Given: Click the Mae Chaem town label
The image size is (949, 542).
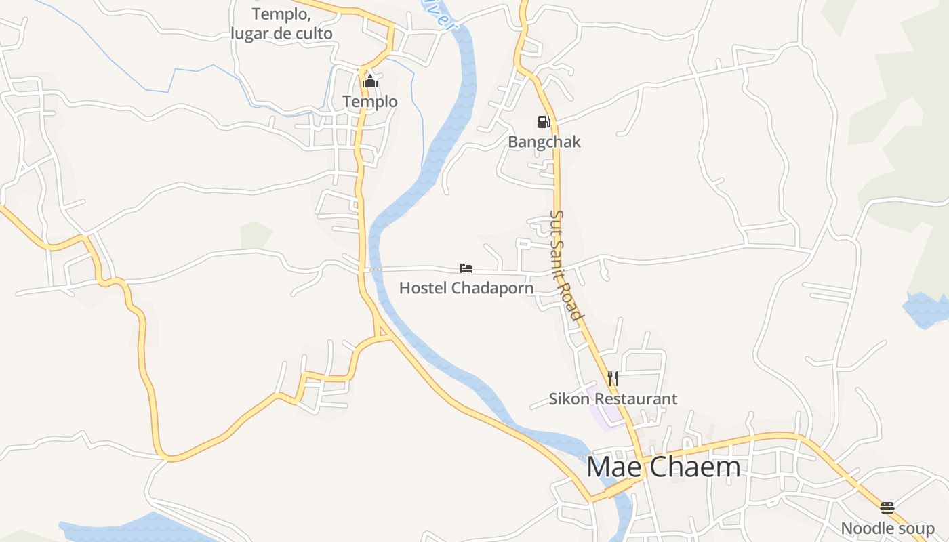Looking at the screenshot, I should click(x=663, y=467).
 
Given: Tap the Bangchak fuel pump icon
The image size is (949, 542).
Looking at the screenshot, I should click(x=544, y=122).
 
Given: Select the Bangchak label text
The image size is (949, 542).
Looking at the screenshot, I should click(x=544, y=142).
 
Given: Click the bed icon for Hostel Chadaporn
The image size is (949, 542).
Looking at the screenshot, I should click(x=466, y=269).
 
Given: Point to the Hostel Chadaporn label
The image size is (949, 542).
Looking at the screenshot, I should click(x=466, y=288).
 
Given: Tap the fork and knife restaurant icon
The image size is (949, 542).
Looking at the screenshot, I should click(x=612, y=379).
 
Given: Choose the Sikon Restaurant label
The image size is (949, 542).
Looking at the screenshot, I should click(x=613, y=399).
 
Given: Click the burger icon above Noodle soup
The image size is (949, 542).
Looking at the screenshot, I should click(x=887, y=508).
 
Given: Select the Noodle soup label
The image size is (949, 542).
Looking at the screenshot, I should click(x=887, y=528).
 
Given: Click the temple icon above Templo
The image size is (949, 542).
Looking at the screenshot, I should click(x=369, y=83).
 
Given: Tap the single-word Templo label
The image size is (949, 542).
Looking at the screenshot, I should click(x=369, y=102).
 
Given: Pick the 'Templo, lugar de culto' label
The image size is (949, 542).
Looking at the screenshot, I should click(x=281, y=24).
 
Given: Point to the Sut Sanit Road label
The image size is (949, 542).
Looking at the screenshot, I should click(x=565, y=265).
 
